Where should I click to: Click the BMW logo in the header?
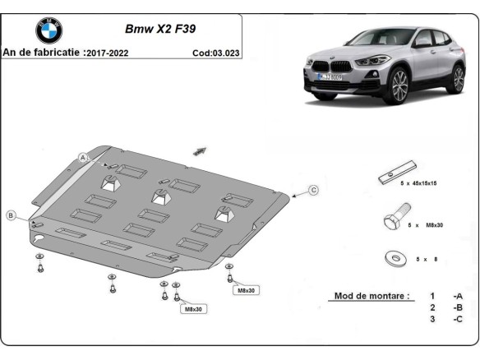click(48, 30)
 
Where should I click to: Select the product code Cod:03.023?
click(216, 52)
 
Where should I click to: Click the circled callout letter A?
click(83, 156)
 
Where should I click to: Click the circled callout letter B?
click(11, 215)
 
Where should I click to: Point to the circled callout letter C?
click(313, 190)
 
